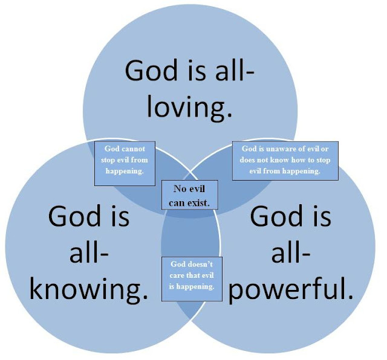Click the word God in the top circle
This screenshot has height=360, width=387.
[154, 71]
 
